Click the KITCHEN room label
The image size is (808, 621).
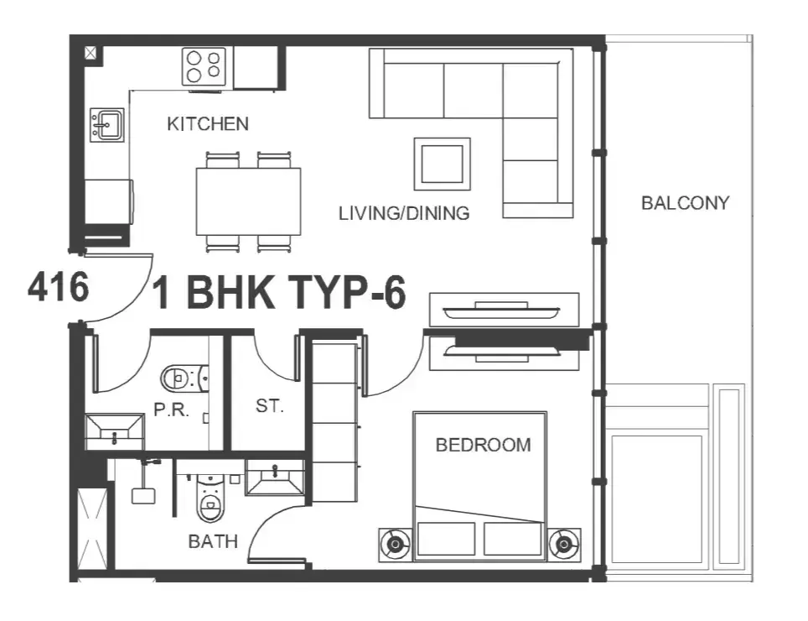click(x=208, y=124)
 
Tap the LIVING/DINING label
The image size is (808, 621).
click(x=404, y=213)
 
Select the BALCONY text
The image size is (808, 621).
click(x=686, y=203)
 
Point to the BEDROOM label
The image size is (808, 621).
click(x=484, y=445)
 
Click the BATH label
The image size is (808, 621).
click(x=213, y=541)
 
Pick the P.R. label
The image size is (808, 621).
click(x=172, y=410)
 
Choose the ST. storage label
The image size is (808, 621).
click(x=270, y=406)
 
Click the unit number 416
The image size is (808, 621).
click(x=58, y=287)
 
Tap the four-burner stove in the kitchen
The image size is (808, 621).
click(x=204, y=66)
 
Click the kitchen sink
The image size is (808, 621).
click(x=107, y=124)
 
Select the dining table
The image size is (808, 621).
click(x=248, y=201)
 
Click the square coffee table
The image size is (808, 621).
click(x=442, y=164)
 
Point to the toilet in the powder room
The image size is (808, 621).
click(x=184, y=378)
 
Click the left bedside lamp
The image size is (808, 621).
click(x=396, y=544)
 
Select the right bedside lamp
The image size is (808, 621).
click(x=564, y=544)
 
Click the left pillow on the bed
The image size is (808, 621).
click(x=446, y=539)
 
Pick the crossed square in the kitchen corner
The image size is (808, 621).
click(x=91, y=53)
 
